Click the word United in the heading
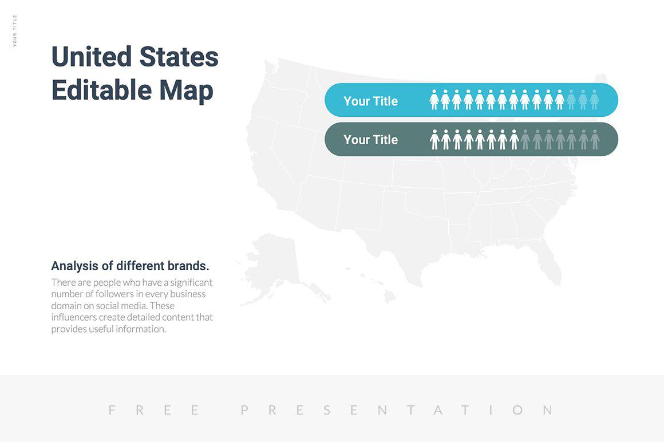click(91, 57)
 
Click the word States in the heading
click(179, 57)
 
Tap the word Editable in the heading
click(101, 90)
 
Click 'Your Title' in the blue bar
click(370, 101)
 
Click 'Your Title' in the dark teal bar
click(370, 140)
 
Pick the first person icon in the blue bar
click(434, 100)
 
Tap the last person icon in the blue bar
click(594, 100)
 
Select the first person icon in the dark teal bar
click(434, 139)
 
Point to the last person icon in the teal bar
click(595, 139)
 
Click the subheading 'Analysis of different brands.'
click(130, 266)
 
